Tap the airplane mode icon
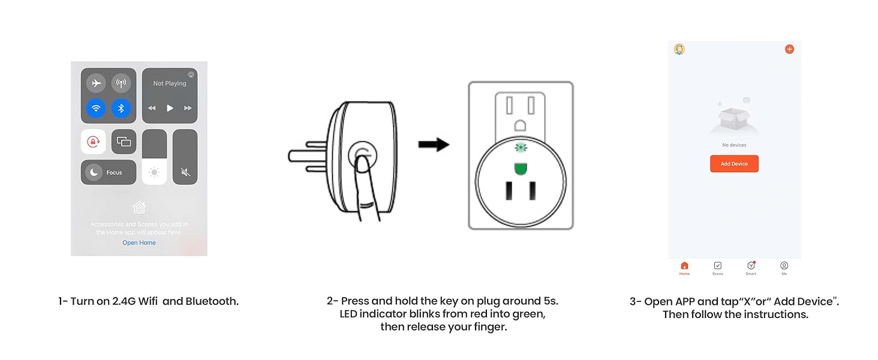pos(96,83)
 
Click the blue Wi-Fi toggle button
pos(96,109)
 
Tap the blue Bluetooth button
pos(121,109)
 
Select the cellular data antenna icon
pos(121,83)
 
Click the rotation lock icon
pos(93,142)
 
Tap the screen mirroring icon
pos(124,142)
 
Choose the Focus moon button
pos(94,172)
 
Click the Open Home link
pos(139,243)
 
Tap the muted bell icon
pos(185,172)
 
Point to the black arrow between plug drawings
pos(434,145)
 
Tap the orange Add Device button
pos(734,164)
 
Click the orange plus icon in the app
pos(789,49)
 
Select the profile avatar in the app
pos(679,49)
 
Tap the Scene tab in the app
pos(717,268)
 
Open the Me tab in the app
pos(784,268)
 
